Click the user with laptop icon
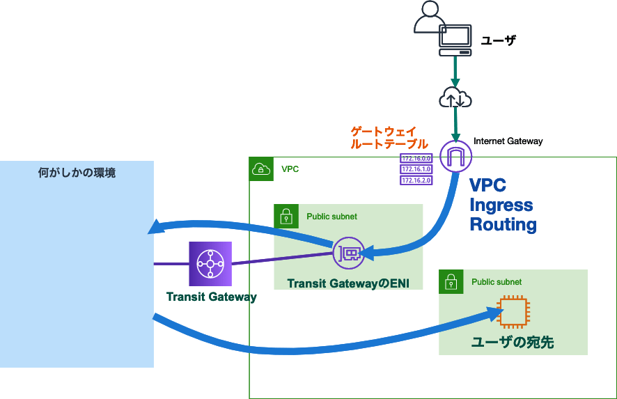[x=442, y=29]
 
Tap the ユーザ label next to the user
[x=499, y=40]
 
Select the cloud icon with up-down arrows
[x=455, y=98]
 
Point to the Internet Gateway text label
[x=508, y=141]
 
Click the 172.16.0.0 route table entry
[x=416, y=158]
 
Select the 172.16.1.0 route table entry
[x=416, y=169]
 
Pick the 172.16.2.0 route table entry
[x=416, y=180]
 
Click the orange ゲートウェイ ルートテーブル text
[x=389, y=138]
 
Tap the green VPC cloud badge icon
[x=260, y=169]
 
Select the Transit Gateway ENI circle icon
[x=349, y=253]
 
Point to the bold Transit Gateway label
[x=212, y=297]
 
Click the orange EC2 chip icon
[x=513, y=312]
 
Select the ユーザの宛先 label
[x=513, y=342]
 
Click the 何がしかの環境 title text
[x=77, y=173]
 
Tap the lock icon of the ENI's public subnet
[x=286, y=216]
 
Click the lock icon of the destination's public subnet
[x=451, y=281]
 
